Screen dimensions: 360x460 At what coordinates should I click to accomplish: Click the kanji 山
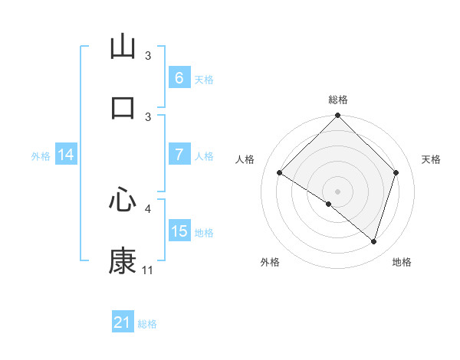(x=123, y=47)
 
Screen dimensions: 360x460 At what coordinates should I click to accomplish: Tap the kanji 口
(x=123, y=107)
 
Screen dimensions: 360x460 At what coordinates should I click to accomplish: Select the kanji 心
(x=123, y=200)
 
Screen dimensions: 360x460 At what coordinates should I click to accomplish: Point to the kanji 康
(x=123, y=261)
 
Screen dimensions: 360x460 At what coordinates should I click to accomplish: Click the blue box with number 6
(x=179, y=78)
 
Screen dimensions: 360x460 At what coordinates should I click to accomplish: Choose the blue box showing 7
(x=179, y=155)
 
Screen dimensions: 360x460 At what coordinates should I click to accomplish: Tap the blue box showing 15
(x=179, y=231)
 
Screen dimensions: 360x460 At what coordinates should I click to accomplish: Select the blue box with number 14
(x=65, y=155)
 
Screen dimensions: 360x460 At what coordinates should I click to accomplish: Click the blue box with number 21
(x=122, y=322)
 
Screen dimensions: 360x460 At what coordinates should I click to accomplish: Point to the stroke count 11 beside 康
(x=147, y=270)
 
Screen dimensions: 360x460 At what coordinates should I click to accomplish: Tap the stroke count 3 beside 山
(x=148, y=56)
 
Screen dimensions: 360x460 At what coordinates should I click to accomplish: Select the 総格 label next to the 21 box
(x=147, y=324)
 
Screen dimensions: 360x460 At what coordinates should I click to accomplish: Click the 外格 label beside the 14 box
(x=41, y=155)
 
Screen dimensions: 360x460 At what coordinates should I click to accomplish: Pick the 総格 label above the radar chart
(x=337, y=100)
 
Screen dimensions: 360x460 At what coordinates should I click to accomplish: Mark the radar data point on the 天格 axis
(x=396, y=172)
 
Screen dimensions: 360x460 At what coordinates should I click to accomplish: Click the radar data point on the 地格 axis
(x=373, y=241)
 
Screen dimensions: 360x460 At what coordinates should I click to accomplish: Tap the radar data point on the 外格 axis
(x=329, y=204)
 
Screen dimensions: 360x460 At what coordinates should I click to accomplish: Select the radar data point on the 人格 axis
(x=279, y=173)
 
